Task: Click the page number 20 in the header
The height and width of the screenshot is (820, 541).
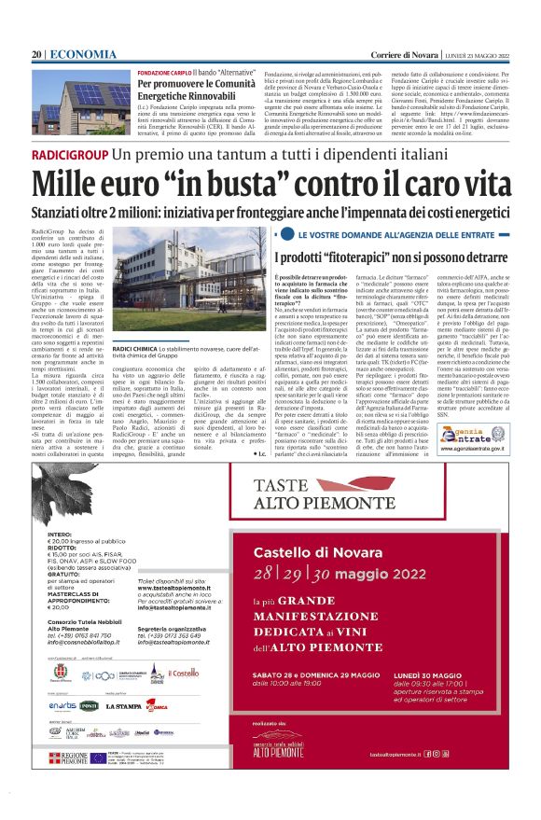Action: [36, 55]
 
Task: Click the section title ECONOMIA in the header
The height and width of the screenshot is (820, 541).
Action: [72, 55]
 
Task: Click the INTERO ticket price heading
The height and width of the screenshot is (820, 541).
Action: [58, 535]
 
